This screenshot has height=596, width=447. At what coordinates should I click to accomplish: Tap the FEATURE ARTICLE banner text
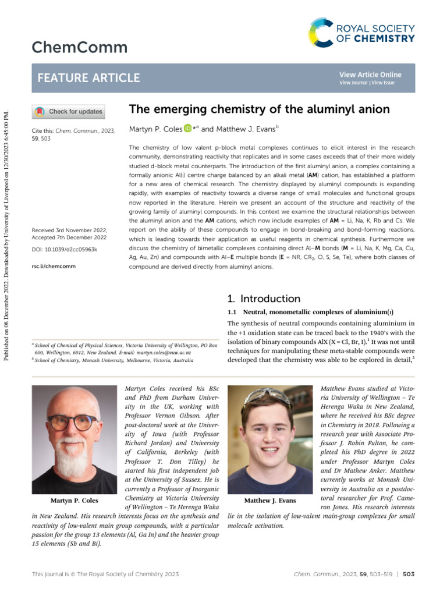pos(88,78)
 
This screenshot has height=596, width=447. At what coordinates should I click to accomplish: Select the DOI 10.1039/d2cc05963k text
pos(65,249)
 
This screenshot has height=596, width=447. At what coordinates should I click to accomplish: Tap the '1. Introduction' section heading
pos(264,299)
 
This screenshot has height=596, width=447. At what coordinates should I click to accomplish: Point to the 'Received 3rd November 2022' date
pos(69,230)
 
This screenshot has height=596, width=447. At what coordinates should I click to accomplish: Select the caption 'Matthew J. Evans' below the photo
pos(270,501)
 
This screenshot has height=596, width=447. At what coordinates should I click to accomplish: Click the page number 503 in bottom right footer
pos(408,574)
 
